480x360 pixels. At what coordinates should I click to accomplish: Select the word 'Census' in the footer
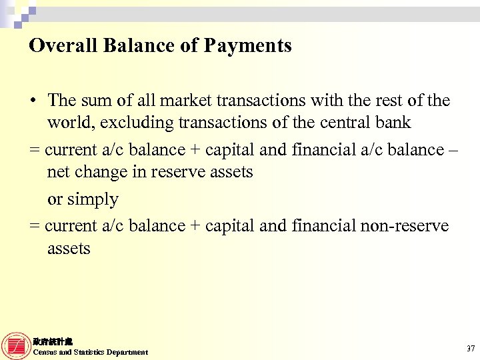point(45,352)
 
